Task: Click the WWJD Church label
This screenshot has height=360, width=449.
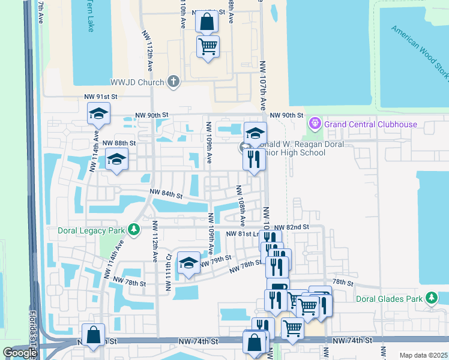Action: (136, 81)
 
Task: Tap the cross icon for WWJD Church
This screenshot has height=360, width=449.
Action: (173, 81)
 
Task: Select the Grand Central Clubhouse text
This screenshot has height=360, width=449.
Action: (370, 124)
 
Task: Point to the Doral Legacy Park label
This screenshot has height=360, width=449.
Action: (92, 230)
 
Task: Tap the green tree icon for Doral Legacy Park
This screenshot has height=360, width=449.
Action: (134, 230)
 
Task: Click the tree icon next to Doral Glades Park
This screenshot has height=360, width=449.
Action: (431, 298)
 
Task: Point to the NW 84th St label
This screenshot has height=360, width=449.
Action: (166, 194)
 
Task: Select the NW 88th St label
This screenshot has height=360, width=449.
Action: (119, 143)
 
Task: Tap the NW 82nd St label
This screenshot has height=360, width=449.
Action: (292, 227)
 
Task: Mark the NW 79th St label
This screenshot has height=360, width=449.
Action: (216, 260)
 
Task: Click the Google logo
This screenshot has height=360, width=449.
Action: (19, 353)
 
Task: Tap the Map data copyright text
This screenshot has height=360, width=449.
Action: (423, 355)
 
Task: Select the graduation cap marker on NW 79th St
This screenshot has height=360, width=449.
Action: (188, 263)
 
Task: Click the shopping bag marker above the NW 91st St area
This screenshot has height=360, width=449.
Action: (206, 23)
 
